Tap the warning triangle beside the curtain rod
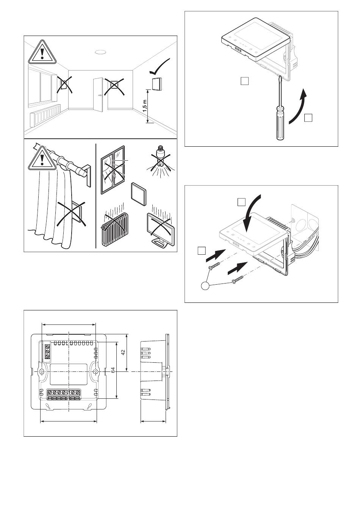(42, 158)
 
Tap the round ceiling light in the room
(100, 52)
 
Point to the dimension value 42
(123, 352)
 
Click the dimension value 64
(113, 371)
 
